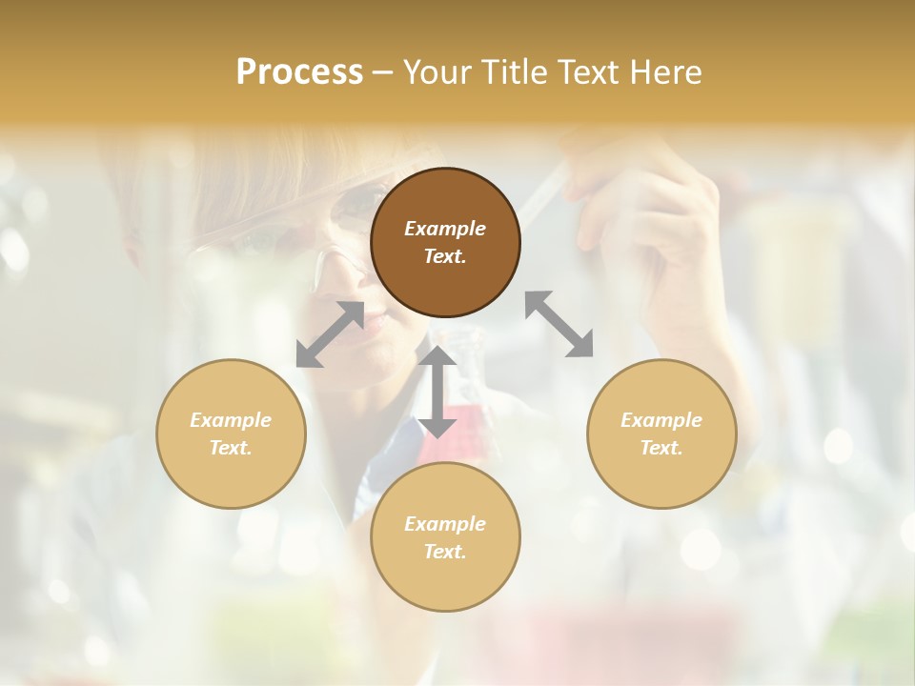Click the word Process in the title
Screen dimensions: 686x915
tap(299, 72)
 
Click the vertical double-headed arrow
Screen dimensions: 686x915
tap(437, 392)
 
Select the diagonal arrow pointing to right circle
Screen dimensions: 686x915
tap(559, 324)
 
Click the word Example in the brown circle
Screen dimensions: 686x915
tap(445, 229)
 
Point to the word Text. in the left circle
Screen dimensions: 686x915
tap(231, 448)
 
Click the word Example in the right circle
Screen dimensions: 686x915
tap(661, 420)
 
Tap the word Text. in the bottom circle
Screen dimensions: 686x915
tap(445, 552)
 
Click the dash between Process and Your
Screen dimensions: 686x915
tap(383, 72)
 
